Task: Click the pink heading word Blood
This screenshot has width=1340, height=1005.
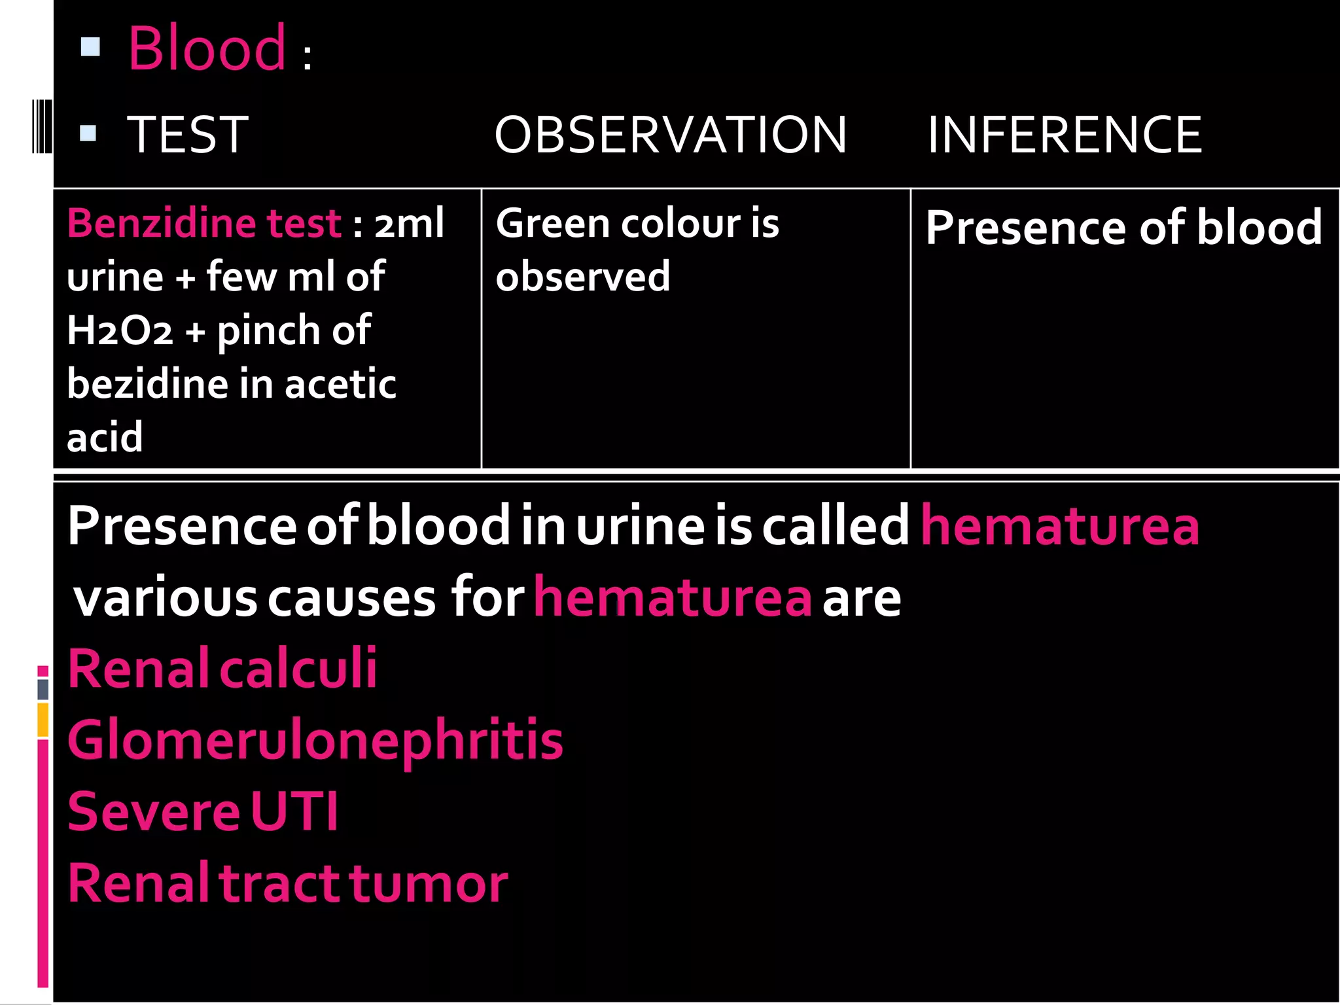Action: [x=207, y=48]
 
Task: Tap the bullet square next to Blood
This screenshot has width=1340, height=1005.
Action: [x=90, y=46]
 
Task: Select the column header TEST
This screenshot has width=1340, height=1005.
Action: [x=188, y=135]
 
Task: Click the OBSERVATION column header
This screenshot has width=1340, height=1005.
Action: [x=670, y=135]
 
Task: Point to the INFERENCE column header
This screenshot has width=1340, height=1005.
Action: [x=1065, y=135]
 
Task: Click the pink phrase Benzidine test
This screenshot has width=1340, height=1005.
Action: [x=203, y=223]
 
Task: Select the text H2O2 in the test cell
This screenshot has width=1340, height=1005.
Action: [x=120, y=330]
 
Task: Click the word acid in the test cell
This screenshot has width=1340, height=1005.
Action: [x=105, y=437]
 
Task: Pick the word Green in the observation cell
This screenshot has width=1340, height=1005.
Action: [x=553, y=223]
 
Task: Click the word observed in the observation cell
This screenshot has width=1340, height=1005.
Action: [x=582, y=277]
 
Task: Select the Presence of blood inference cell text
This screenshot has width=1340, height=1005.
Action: [x=1123, y=228]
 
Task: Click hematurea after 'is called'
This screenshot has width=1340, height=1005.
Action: [x=1060, y=525]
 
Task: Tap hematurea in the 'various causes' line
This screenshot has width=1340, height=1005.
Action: [x=672, y=598]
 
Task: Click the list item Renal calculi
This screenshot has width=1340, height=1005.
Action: [x=222, y=669]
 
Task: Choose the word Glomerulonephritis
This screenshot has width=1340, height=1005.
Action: [x=315, y=741]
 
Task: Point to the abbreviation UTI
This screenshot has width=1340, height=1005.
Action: [x=294, y=812]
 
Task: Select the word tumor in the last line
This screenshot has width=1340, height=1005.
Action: [x=429, y=883]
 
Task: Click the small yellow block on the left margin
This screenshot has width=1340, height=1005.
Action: [x=43, y=720]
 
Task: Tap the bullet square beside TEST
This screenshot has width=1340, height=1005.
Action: [x=88, y=133]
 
